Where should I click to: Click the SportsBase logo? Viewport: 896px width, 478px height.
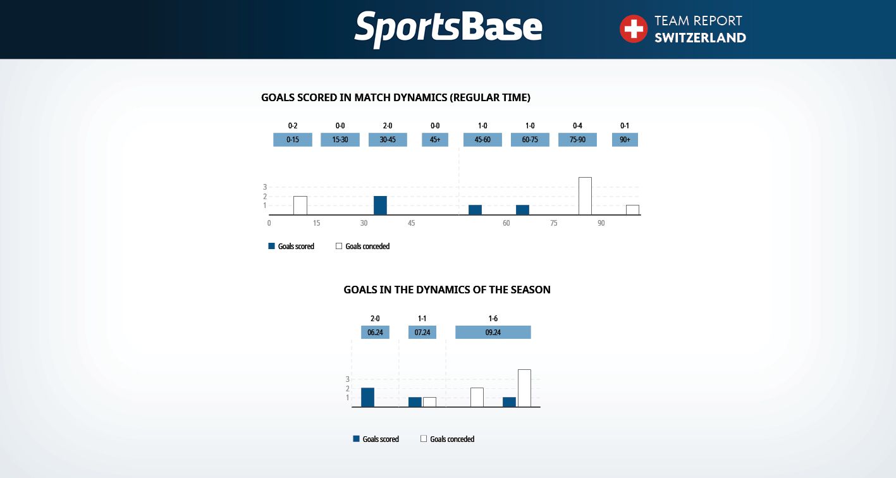[448, 29]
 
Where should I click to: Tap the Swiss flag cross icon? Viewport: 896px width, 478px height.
[633, 29]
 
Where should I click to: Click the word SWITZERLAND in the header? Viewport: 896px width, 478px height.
[700, 37]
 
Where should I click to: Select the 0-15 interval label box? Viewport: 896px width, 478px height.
[292, 140]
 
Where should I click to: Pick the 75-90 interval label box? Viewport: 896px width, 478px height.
[577, 140]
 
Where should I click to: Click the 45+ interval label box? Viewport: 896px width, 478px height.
[435, 140]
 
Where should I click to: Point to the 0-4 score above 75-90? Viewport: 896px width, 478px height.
[577, 126]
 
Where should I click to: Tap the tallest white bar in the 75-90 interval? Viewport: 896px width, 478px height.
[585, 196]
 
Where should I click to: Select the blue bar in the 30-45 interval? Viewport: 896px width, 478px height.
[381, 205]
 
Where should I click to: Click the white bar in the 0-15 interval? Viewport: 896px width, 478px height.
[300, 205]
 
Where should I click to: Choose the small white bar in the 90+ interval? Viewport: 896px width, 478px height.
[632, 210]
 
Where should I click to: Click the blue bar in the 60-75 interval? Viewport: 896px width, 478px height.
[522, 210]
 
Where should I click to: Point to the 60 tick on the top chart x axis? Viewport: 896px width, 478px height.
[506, 223]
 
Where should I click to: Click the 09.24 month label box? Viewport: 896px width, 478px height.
[493, 332]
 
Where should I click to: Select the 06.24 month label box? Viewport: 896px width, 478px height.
[375, 332]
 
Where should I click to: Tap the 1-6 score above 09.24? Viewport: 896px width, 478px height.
[493, 319]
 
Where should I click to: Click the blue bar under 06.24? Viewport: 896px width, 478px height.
[367, 397]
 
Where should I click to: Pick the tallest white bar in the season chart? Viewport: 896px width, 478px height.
[524, 388]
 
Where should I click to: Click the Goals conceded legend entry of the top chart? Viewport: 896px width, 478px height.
[362, 246]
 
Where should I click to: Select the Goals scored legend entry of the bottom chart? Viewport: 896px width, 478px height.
[376, 439]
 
